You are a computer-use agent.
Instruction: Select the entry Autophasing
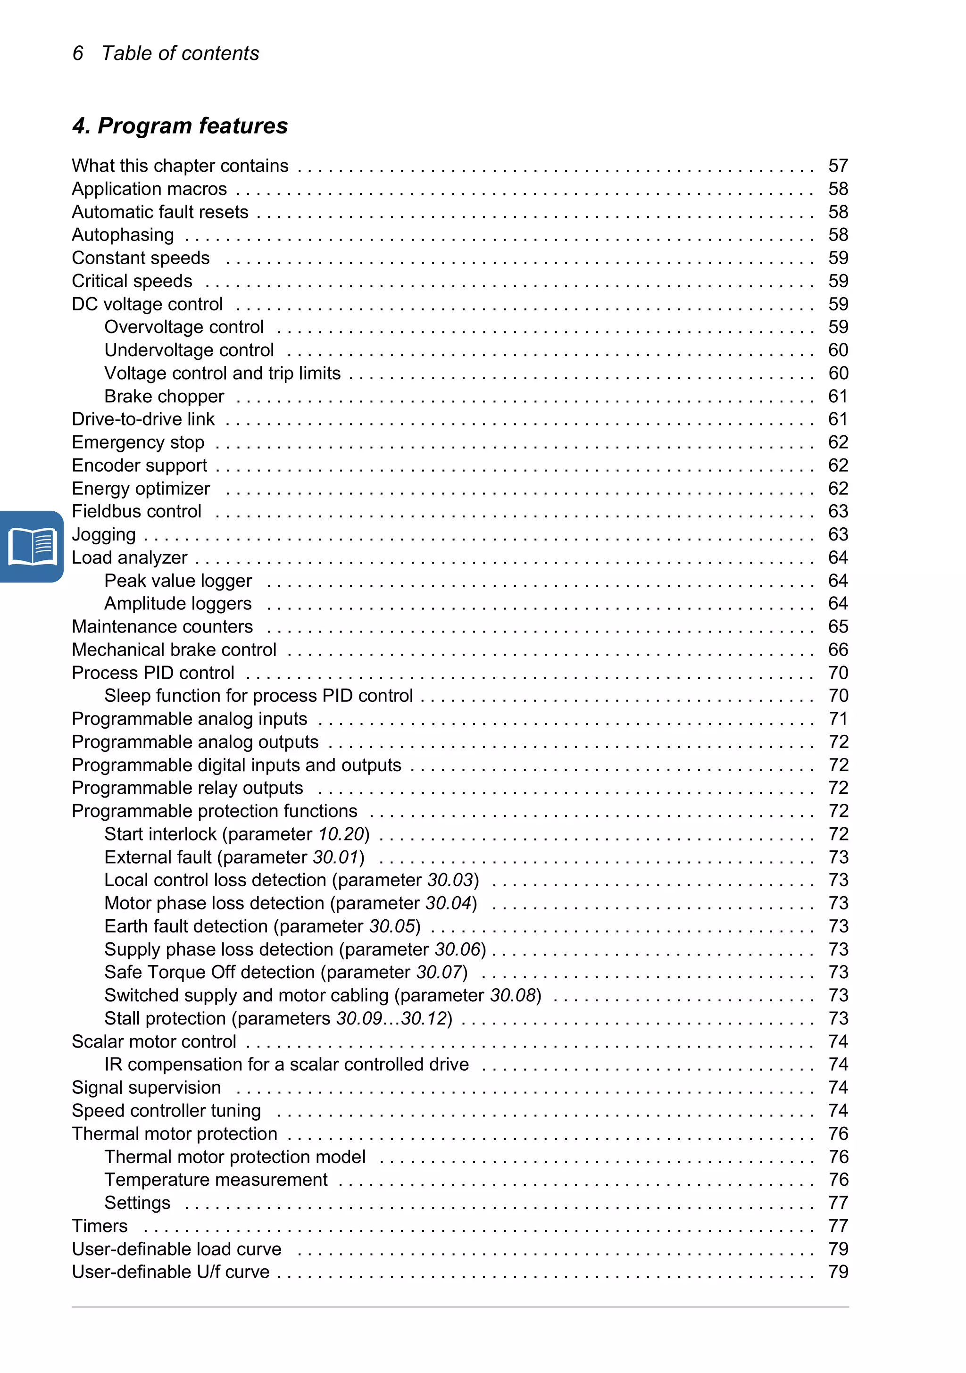coord(123,235)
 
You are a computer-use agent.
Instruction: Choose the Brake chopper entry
coord(164,397)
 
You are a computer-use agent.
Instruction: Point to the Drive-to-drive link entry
coord(143,419)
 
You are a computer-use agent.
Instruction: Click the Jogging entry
coord(103,534)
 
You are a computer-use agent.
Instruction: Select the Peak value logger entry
coord(178,581)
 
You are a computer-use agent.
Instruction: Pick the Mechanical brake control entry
coord(174,650)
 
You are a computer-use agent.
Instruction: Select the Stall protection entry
coord(278,1018)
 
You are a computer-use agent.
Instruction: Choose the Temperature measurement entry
coord(216,1180)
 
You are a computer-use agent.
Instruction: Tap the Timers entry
coord(100,1226)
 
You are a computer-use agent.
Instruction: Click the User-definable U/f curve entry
coord(170,1272)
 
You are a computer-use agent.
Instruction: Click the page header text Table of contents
coord(180,53)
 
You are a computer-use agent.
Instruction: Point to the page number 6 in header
coord(78,53)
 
